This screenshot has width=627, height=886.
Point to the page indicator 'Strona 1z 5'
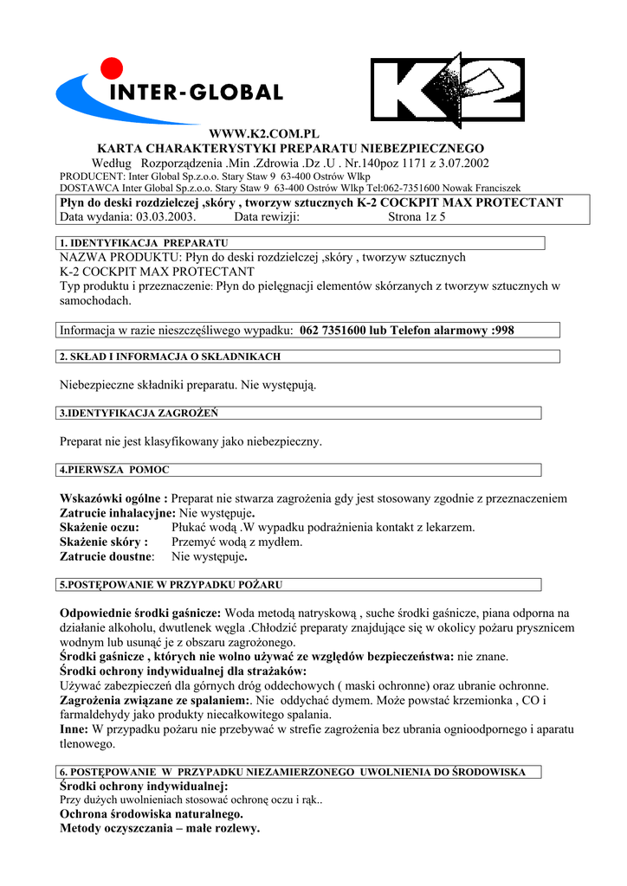(417, 216)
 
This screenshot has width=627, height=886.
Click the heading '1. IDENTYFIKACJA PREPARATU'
(143, 242)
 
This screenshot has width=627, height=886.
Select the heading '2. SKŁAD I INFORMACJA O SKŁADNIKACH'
(170, 356)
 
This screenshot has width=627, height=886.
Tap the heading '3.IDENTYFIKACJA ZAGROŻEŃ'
(139, 414)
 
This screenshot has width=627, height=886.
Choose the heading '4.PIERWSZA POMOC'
(114, 470)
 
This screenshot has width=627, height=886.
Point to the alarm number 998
(502, 330)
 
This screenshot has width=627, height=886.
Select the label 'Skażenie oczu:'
(99, 527)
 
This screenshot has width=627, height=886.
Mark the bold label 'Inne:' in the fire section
(74, 729)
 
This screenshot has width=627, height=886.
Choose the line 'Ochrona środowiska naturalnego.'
(151, 814)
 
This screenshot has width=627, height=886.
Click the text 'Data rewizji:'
(267, 216)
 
